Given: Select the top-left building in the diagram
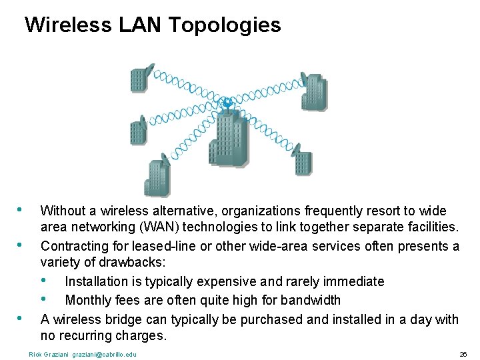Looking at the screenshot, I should coord(139,80).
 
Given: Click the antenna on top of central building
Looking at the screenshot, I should coord(227,103).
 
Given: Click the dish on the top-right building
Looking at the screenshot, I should coord(305,79).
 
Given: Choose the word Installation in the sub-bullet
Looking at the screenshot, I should coord(99,281).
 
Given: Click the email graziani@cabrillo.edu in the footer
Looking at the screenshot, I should coord(104,354).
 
